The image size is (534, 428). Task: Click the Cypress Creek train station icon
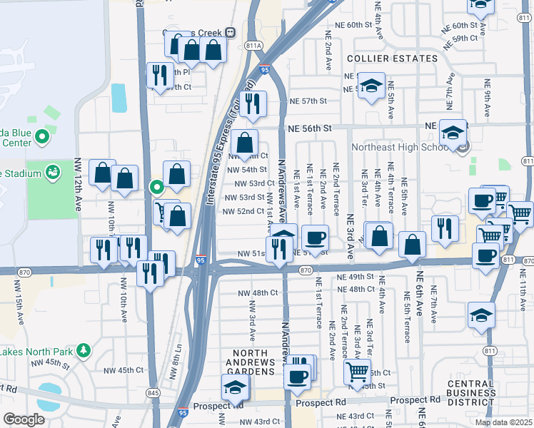pos(230,32)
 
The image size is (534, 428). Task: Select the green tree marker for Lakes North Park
pos(84,350)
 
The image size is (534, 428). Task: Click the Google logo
pos(24,419)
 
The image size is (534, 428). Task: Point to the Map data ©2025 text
pos(504,422)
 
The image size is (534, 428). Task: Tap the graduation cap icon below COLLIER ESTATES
pos(371,87)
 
